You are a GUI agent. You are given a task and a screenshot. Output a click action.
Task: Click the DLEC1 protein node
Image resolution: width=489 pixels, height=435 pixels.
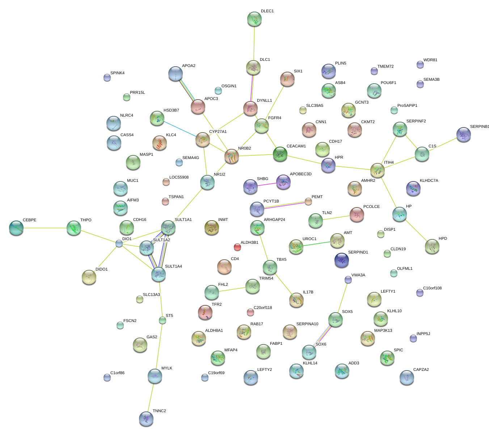[x=254, y=19]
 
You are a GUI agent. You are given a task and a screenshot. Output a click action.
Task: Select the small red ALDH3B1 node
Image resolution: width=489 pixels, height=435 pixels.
[x=237, y=247]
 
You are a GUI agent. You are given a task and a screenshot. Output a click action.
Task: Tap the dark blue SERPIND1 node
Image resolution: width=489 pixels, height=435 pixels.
[x=342, y=260]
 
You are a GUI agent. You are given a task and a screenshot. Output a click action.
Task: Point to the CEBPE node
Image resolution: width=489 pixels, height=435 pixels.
[x=16, y=228]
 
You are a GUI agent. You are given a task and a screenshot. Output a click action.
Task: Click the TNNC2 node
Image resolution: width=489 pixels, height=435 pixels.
[x=146, y=419]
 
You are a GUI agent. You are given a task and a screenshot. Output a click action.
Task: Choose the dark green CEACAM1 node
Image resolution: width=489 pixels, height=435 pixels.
[x=280, y=154]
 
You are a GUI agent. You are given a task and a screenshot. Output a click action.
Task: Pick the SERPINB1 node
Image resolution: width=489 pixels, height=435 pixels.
[x=464, y=135]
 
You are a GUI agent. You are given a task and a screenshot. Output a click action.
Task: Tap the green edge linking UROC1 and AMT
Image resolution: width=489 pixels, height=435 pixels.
[x=317, y=243]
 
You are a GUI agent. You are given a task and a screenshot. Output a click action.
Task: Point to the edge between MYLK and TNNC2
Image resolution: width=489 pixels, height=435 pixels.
[x=151, y=398]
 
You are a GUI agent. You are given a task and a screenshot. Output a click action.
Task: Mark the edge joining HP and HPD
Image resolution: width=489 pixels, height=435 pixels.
[x=416, y=230]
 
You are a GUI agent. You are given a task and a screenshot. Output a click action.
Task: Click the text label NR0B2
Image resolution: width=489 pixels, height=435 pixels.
[x=244, y=148]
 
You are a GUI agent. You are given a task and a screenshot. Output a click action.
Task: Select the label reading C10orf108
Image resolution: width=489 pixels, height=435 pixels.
[x=432, y=288]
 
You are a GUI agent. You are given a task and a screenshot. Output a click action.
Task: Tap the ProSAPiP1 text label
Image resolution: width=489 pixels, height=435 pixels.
[x=407, y=106]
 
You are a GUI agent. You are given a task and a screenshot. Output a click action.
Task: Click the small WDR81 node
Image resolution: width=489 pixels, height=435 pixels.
[x=420, y=65]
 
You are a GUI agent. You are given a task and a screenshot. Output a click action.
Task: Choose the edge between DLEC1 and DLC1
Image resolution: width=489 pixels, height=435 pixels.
[x=254, y=43]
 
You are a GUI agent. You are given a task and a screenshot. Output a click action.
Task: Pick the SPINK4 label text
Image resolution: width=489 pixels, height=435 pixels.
[x=117, y=73]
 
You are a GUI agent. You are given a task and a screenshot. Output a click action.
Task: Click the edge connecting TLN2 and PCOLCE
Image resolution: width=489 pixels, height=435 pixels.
[x=336, y=217]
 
